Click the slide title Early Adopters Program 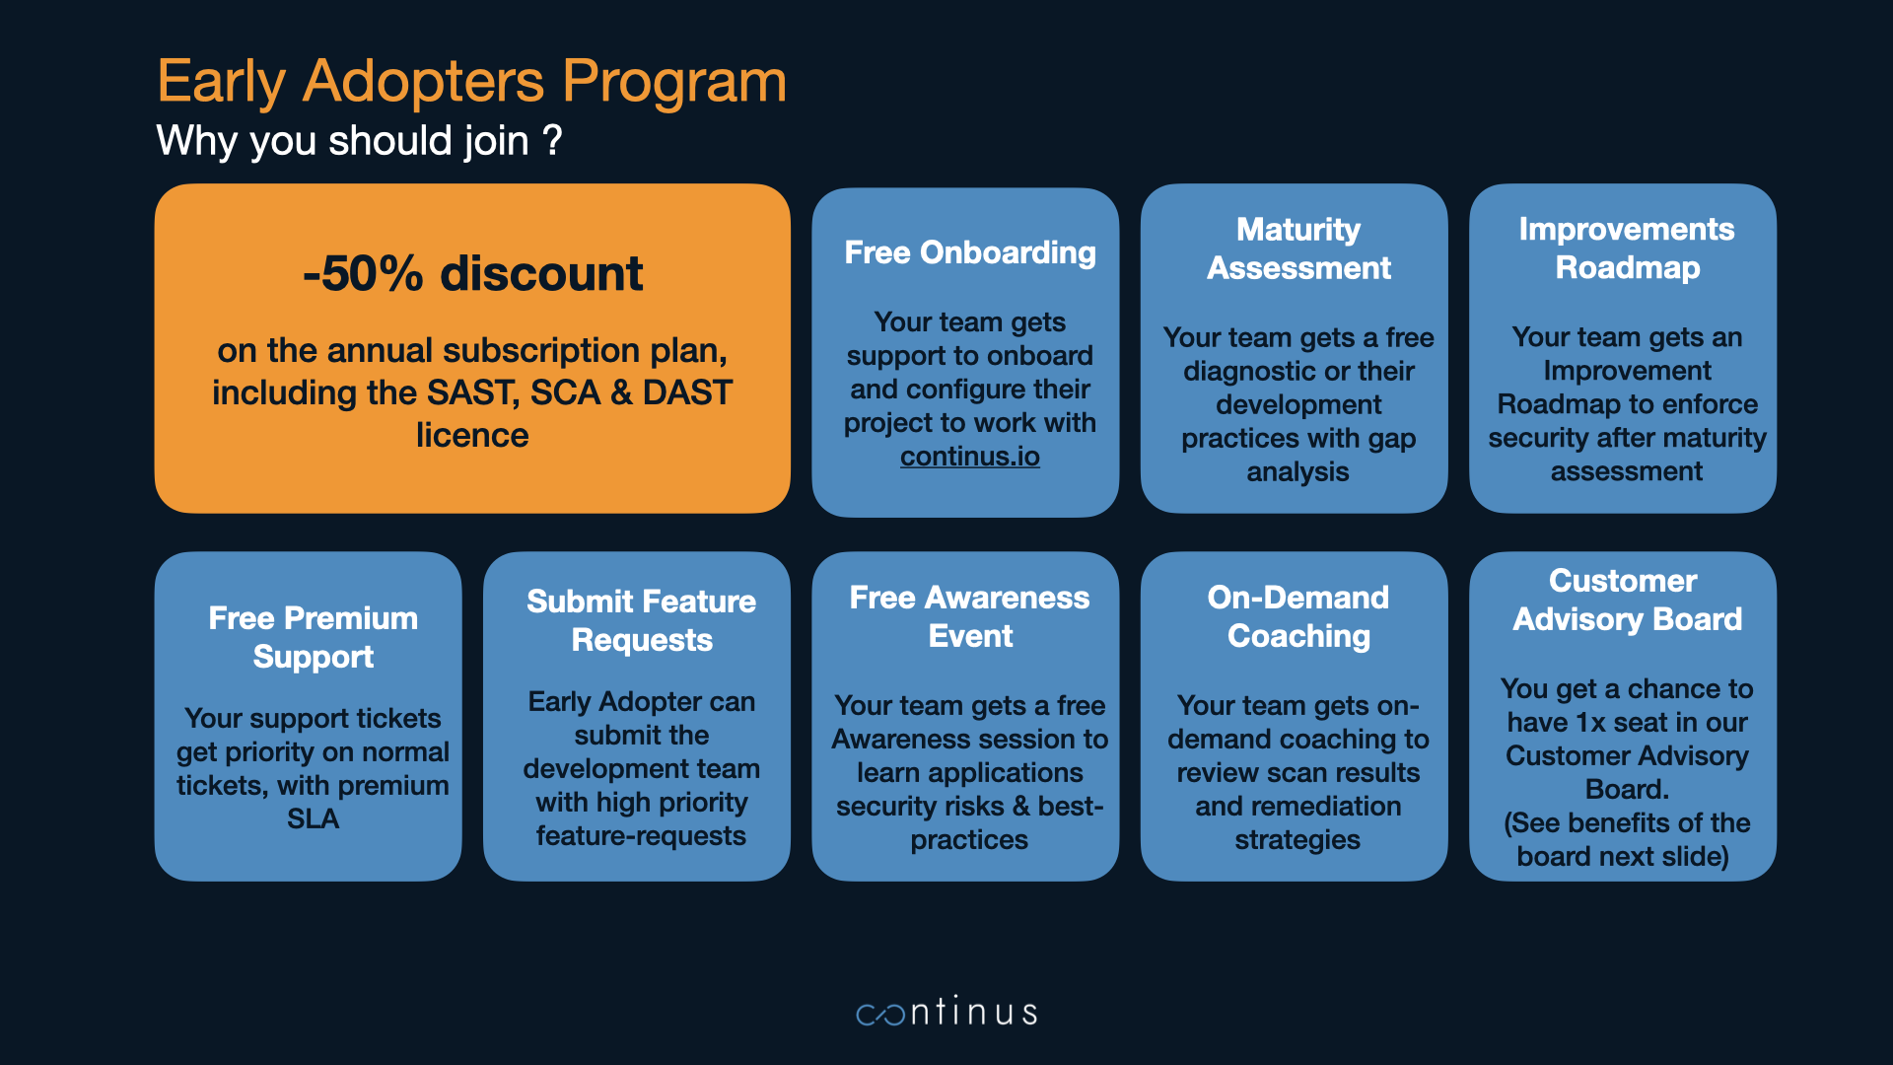[x=472, y=81]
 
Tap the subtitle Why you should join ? [x=360, y=140]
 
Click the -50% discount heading [x=472, y=273]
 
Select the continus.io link [x=970, y=457]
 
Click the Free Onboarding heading [x=970, y=252]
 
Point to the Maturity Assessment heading [x=1298, y=248]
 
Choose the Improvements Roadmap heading [x=1627, y=248]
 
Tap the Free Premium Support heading [x=314, y=637]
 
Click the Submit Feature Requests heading [x=642, y=620]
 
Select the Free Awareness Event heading [x=970, y=616]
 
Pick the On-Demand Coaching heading [x=1298, y=616]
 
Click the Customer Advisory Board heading [x=1627, y=600]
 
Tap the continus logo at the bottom [x=946, y=1011]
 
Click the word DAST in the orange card [x=687, y=392]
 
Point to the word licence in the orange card [x=472, y=435]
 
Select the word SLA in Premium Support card [x=313, y=819]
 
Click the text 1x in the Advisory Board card [x=1590, y=723]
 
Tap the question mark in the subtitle [x=553, y=140]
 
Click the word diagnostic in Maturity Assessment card [x=1249, y=372]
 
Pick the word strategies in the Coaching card [x=1297, y=840]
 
